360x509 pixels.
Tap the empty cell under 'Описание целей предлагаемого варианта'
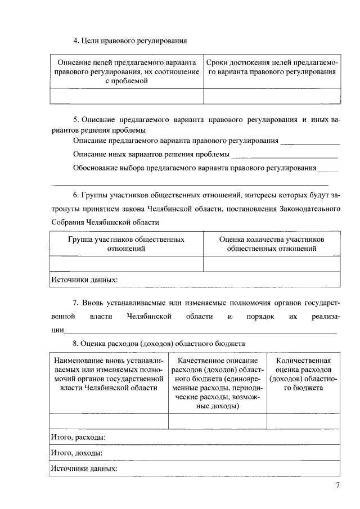[127, 96]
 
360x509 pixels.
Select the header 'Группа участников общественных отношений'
[126, 244]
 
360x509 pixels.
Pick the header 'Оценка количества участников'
[271, 244]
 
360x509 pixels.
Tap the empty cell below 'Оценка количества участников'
[271, 264]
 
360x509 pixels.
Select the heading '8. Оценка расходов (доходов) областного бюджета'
[159, 343]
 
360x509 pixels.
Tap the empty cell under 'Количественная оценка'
[303, 421]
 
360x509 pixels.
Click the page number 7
[337, 487]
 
